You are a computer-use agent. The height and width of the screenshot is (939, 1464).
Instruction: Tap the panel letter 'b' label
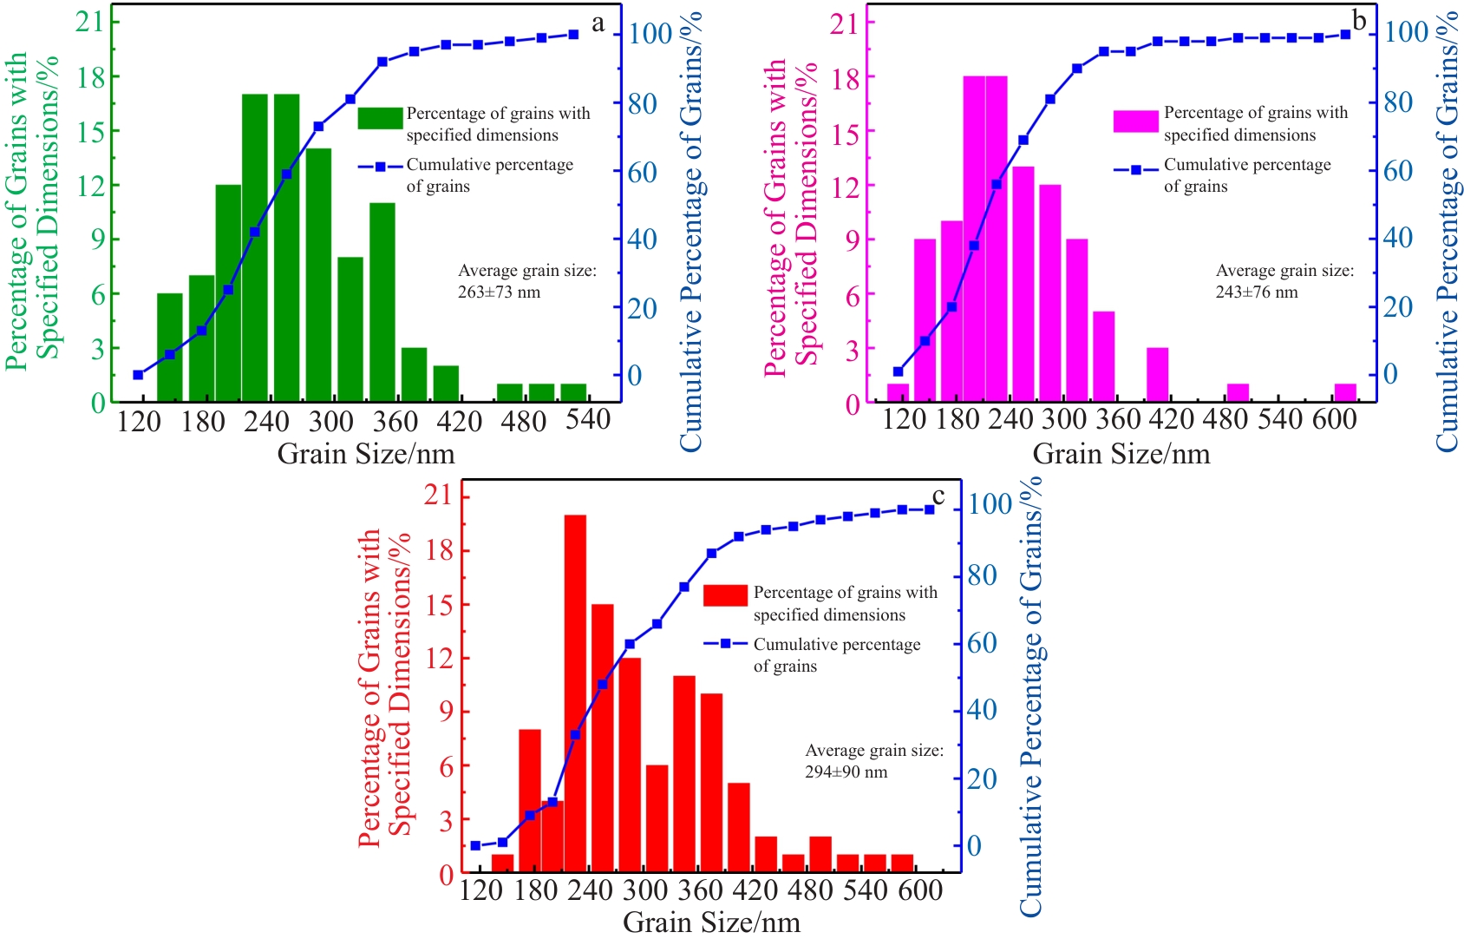(1359, 21)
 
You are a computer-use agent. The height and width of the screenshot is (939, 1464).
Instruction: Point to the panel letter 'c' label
(938, 496)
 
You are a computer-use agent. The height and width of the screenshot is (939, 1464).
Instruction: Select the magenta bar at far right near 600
(1344, 392)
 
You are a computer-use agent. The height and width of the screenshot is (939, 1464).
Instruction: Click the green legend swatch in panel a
(380, 118)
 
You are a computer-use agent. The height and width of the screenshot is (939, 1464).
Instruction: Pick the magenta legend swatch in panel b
(1135, 121)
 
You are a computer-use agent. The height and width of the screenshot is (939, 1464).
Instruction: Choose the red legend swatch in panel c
(725, 595)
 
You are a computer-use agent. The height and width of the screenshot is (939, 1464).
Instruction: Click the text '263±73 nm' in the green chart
(499, 292)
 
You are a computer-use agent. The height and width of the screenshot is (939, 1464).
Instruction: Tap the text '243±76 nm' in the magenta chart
(1256, 292)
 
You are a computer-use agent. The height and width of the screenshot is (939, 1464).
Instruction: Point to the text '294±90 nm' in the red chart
(846, 772)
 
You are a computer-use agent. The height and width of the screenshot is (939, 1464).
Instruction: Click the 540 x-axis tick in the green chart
(588, 420)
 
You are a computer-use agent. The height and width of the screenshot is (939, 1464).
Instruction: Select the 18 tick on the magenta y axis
(845, 78)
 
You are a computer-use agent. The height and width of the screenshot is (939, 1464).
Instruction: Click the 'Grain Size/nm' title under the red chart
(711, 922)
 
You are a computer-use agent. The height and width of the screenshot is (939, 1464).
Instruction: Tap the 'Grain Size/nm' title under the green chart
(365, 454)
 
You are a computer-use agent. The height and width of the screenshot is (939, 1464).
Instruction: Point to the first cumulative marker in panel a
(138, 375)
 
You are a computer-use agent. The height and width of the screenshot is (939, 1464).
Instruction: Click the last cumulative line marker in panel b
(1345, 35)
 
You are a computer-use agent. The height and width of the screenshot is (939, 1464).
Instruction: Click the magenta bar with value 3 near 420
(1157, 375)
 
